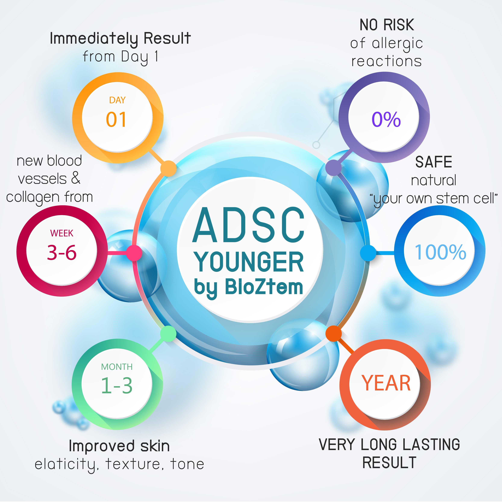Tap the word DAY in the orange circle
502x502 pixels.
[117, 100]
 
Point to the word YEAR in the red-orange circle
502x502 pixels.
[386, 383]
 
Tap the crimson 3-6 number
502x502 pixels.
[62, 252]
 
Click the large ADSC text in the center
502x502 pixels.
[248, 225]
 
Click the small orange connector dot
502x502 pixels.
[168, 168]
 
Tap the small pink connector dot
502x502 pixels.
[134, 253]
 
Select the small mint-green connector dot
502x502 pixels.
[168, 334]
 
